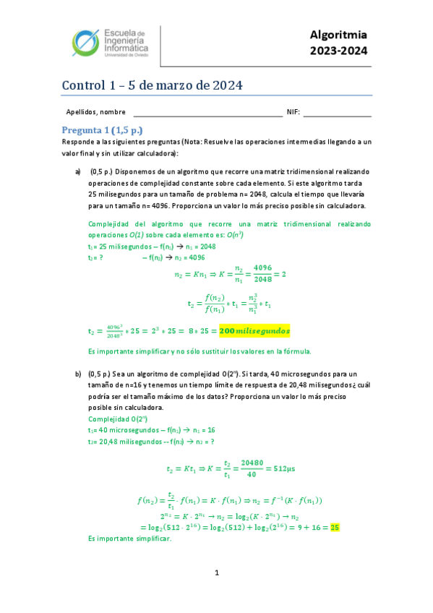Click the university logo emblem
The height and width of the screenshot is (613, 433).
tap(88, 45)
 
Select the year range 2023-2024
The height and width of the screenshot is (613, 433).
tap(338, 51)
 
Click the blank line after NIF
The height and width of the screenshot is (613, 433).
tap(337, 113)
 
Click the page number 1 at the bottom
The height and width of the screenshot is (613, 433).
tap(216, 573)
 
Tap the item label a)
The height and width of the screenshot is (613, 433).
tap(77, 171)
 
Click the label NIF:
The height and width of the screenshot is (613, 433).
tap(293, 112)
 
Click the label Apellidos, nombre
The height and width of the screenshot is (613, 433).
tap(95, 112)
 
